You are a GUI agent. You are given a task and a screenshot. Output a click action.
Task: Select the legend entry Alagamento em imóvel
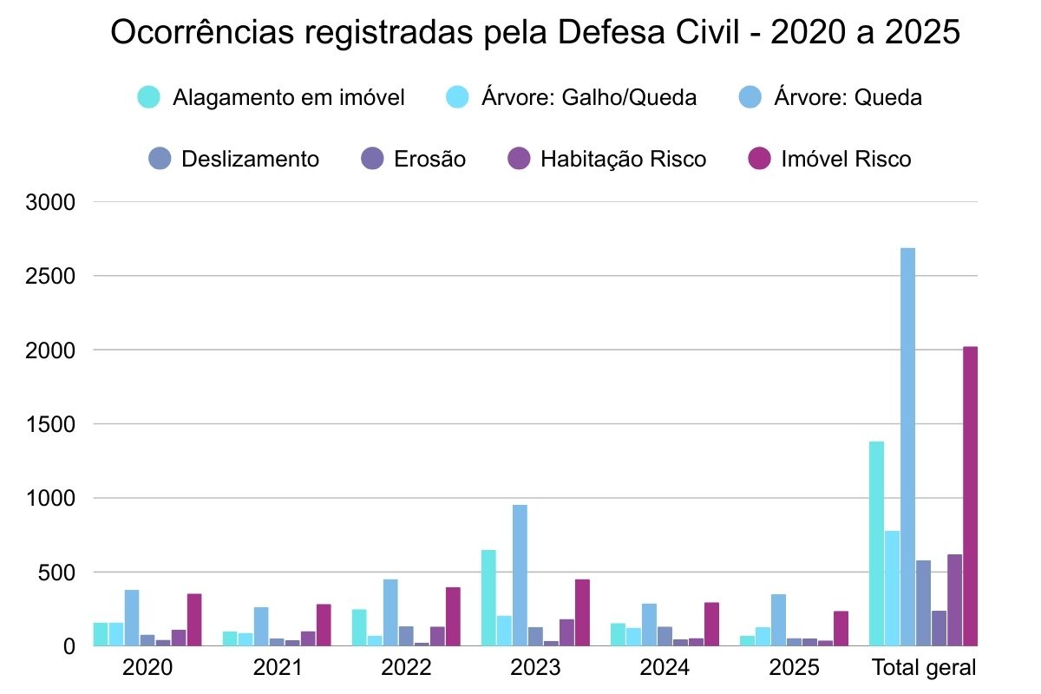pyautogui.click(x=288, y=97)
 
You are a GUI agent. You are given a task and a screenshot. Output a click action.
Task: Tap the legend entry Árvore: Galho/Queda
pyautogui.click(x=588, y=97)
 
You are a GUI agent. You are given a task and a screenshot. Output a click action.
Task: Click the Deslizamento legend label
pyautogui.click(x=250, y=160)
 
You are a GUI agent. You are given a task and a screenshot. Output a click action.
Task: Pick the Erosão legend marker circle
pyautogui.click(x=371, y=160)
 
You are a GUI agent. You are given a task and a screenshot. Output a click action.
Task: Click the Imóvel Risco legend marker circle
pyautogui.click(x=759, y=160)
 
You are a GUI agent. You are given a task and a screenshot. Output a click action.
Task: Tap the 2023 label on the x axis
pyautogui.click(x=535, y=668)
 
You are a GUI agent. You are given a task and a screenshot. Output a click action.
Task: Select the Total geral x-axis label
pyautogui.click(x=923, y=668)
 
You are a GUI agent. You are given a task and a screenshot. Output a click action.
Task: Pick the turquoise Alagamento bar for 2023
pyautogui.click(x=488, y=598)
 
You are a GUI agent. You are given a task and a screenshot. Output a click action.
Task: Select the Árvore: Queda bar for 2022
pyautogui.click(x=390, y=612)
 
